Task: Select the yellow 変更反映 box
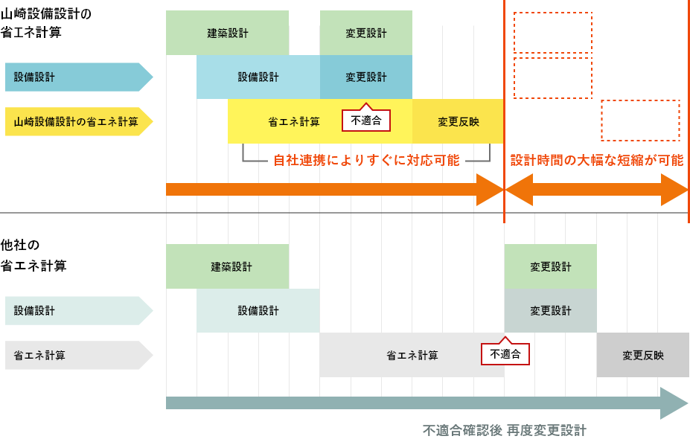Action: tap(458, 121)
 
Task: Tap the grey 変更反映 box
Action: tap(642, 355)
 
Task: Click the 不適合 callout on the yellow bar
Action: tap(365, 120)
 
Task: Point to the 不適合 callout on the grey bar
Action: tap(505, 353)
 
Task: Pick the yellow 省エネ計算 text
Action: tap(294, 121)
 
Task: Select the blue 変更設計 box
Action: tap(365, 77)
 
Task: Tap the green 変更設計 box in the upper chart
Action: tap(365, 33)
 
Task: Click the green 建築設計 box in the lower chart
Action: tap(227, 266)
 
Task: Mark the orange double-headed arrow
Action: tap(596, 190)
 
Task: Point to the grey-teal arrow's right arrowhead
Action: tap(674, 403)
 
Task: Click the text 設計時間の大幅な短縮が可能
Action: tap(596, 160)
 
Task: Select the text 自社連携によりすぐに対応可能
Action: tap(366, 160)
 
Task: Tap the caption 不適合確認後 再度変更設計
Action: tap(504, 430)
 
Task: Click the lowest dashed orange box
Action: tap(640, 121)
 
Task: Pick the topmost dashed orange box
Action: tap(552, 32)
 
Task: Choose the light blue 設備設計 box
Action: tap(258, 77)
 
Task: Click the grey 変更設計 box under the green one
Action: tap(550, 310)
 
